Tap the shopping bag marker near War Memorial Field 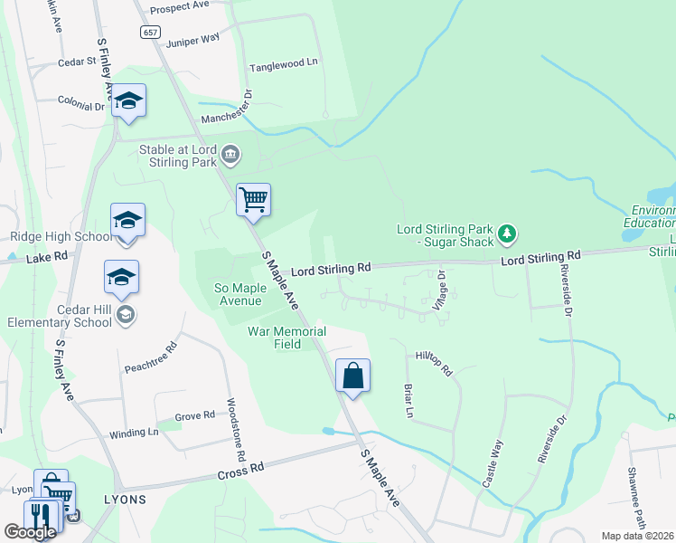pyautogui.click(x=352, y=375)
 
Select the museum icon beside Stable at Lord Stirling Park pyautogui.click(x=231, y=156)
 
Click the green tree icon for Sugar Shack pyautogui.click(x=508, y=234)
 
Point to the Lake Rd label pyautogui.click(x=47, y=257)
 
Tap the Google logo pyautogui.click(x=30, y=532)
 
